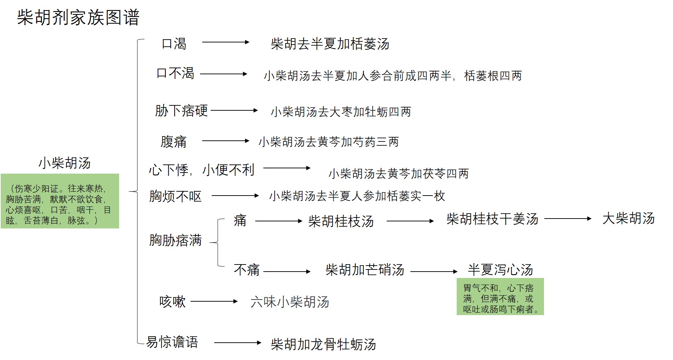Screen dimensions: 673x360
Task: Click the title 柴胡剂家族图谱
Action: (x=78, y=17)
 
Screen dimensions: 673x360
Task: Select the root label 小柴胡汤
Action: (x=65, y=163)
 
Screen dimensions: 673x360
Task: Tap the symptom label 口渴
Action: (x=174, y=44)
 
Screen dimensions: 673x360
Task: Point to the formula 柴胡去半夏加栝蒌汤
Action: (x=330, y=44)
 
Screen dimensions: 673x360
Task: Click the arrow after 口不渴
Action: (x=224, y=74)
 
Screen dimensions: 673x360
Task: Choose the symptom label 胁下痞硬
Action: (x=181, y=111)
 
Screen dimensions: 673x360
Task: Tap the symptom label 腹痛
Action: (x=174, y=142)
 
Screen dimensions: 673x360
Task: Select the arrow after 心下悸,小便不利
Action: (x=287, y=168)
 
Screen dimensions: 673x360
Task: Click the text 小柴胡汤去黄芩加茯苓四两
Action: (x=399, y=174)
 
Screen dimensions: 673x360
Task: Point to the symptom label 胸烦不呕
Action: (x=175, y=196)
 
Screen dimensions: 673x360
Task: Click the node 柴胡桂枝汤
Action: (x=341, y=221)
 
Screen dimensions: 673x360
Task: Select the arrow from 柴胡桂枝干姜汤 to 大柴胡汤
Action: (x=568, y=219)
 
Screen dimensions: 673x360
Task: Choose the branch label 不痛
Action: (x=247, y=270)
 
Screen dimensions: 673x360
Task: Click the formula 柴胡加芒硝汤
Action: (x=365, y=270)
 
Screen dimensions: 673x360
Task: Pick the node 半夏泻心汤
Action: (x=501, y=270)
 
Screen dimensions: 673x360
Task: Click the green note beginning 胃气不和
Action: (x=500, y=297)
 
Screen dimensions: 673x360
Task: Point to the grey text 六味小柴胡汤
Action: (x=290, y=302)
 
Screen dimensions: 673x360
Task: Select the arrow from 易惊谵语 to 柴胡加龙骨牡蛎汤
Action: (x=238, y=343)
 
